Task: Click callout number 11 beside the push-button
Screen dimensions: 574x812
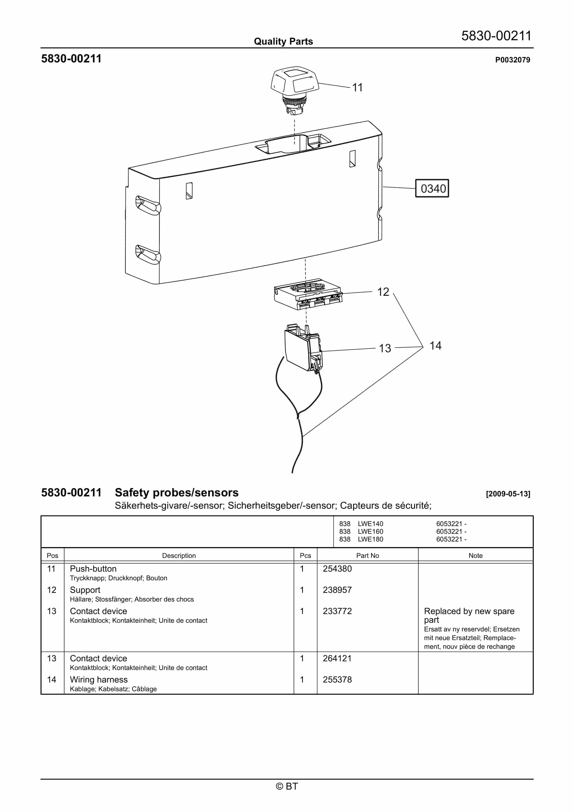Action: (357, 87)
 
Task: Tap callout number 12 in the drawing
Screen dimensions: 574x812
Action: (383, 292)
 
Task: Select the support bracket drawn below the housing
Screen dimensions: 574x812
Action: (308, 295)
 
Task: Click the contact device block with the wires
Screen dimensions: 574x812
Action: (303, 348)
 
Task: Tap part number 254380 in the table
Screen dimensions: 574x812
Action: (337, 569)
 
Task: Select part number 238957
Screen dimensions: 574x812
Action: (337, 590)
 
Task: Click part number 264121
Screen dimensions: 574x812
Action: (337, 658)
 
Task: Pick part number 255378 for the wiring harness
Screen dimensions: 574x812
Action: (337, 680)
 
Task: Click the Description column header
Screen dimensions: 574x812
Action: (179, 555)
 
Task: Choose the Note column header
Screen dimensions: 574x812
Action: (475, 555)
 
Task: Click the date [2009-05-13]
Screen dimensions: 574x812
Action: (508, 494)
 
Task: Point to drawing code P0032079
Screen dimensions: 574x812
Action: (512, 60)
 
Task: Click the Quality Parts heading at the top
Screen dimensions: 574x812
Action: (283, 41)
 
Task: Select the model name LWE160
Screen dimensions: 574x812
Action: (370, 532)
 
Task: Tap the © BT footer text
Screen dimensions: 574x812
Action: (287, 786)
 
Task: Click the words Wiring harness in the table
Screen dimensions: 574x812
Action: (99, 680)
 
